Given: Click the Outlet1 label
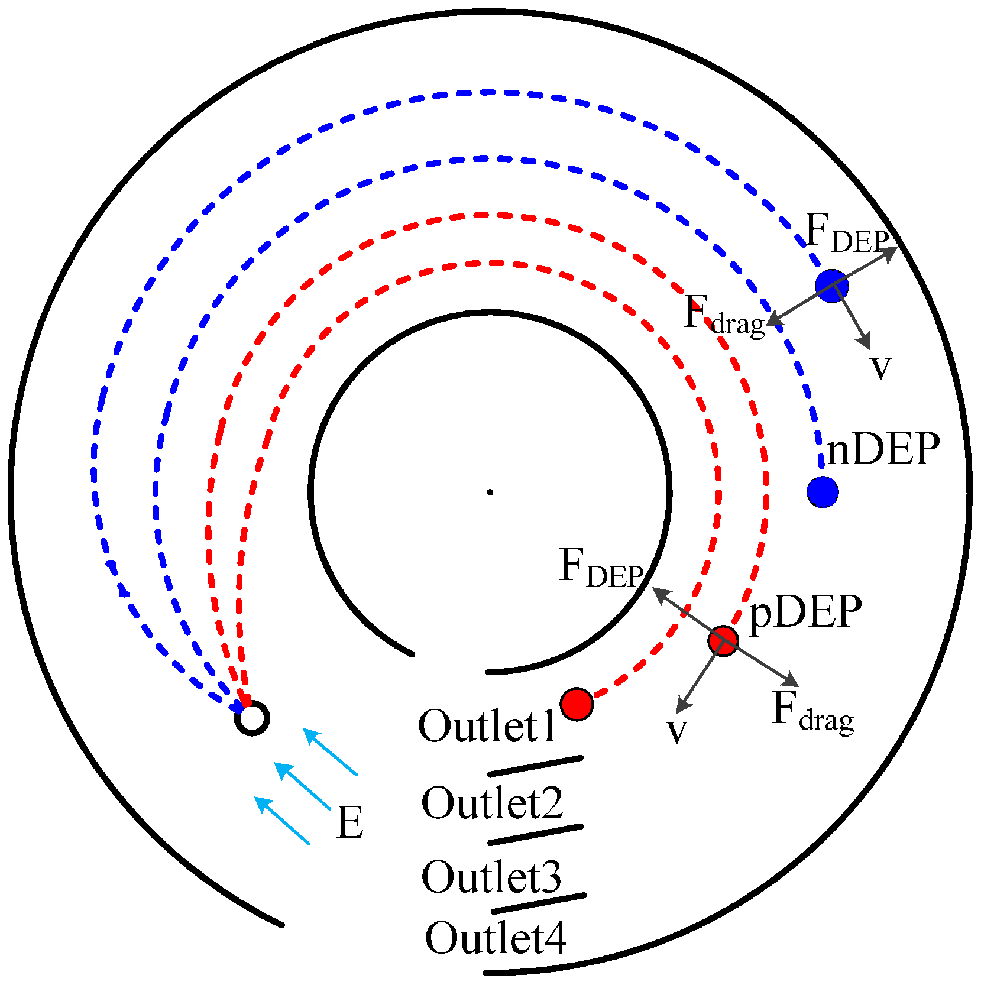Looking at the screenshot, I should (x=487, y=725).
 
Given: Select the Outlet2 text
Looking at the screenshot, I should (x=492, y=803).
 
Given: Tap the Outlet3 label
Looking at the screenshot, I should (x=491, y=876).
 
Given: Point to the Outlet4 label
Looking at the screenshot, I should (x=496, y=938).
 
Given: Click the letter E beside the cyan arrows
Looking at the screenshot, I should (x=350, y=822).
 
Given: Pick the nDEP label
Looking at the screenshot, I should (x=883, y=449).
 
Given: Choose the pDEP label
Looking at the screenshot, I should (x=805, y=612).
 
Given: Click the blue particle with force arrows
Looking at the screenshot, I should (x=831, y=286).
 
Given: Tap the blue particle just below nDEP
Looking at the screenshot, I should (x=823, y=491).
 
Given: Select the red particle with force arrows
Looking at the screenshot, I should (x=723, y=640).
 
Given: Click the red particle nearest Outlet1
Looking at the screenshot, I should (x=577, y=704).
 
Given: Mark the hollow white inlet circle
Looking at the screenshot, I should (x=252, y=718).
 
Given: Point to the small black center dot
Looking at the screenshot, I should (x=490, y=492).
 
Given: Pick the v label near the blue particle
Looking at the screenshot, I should (x=880, y=367).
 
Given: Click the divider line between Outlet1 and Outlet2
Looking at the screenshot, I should (x=535, y=765).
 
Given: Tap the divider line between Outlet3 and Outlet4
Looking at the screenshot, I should (x=539, y=903).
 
